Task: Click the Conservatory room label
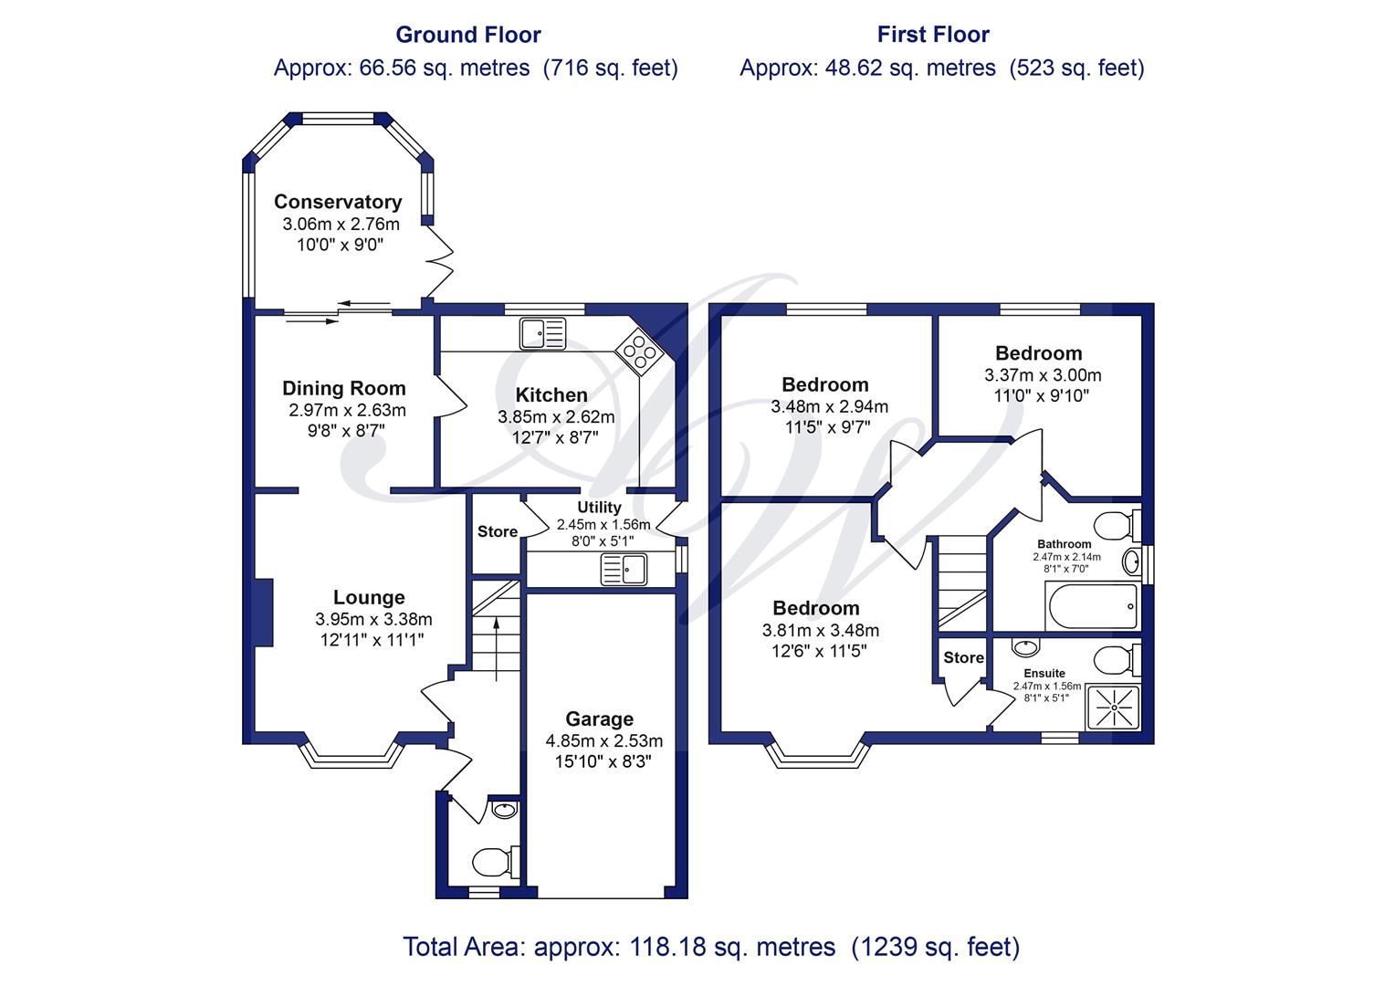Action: coord(338,202)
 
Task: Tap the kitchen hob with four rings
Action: coord(639,351)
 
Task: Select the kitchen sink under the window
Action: coord(542,333)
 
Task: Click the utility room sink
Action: coord(624,570)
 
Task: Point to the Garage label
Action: coord(599,719)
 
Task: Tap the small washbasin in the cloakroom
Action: coord(504,810)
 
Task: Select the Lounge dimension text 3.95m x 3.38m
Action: coord(373,619)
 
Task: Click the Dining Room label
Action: coord(344,388)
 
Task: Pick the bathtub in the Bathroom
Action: coord(1093,607)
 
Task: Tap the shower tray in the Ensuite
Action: coord(1114,708)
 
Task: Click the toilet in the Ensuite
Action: coord(1117,660)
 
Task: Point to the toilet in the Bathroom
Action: coord(1117,526)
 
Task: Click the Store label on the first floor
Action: coord(963,657)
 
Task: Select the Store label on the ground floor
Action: coord(497,532)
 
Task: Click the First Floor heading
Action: coord(933,35)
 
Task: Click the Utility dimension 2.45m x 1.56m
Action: coord(603,524)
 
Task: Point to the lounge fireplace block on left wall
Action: coord(264,613)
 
